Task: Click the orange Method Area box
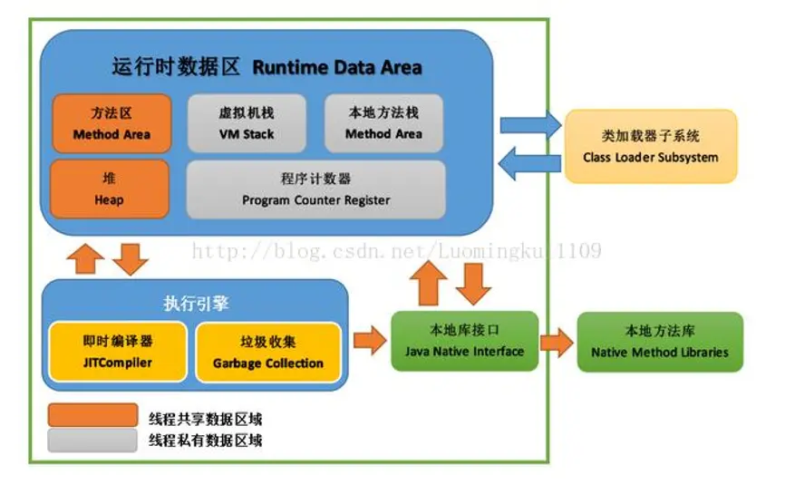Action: [111, 123]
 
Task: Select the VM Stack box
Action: [247, 123]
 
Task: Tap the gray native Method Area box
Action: [383, 123]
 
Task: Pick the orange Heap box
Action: [109, 189]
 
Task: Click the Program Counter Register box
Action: [315, 189]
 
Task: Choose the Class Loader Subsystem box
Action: [651, 146]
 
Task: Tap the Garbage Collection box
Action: [268, 352]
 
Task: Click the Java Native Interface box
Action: [464, 341]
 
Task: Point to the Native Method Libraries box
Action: [660, 341]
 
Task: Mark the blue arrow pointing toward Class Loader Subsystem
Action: [530, 124]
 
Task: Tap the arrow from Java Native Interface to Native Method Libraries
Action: [557, 342]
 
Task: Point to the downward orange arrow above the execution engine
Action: [131, 259]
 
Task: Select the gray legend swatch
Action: [93, 440]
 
